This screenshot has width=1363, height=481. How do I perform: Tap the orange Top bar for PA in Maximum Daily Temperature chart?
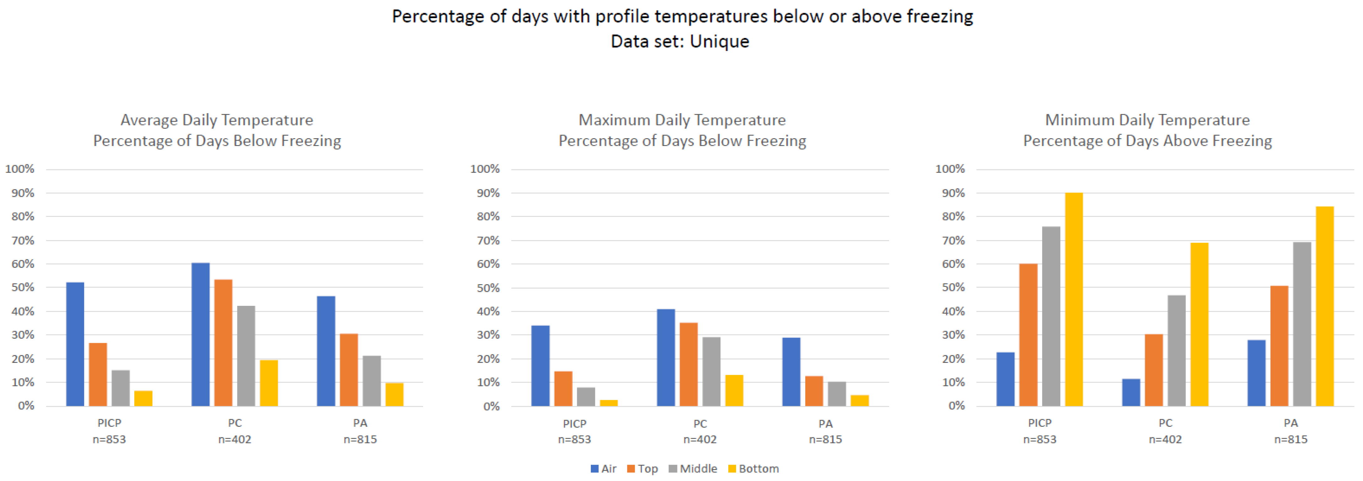tap(814, 391)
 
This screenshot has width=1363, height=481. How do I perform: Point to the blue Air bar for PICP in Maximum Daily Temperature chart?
tap(540, 366)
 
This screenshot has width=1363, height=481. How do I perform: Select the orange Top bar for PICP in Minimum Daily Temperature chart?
tap(1028, 335)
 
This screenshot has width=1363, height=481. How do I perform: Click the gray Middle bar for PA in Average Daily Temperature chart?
tap(371, 381)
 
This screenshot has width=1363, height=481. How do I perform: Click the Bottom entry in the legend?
tap(753, 468)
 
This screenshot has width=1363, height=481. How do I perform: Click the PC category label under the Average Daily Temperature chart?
tap(235, 423)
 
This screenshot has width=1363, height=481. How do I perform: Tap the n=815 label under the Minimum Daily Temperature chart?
tap(1291, 439)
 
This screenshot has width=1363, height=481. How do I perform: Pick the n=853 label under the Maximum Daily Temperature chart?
tap(574, 439)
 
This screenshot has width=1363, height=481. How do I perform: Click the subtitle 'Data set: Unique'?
tap(680, 41)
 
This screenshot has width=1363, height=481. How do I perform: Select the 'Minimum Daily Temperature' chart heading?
tap(1147, 120)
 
